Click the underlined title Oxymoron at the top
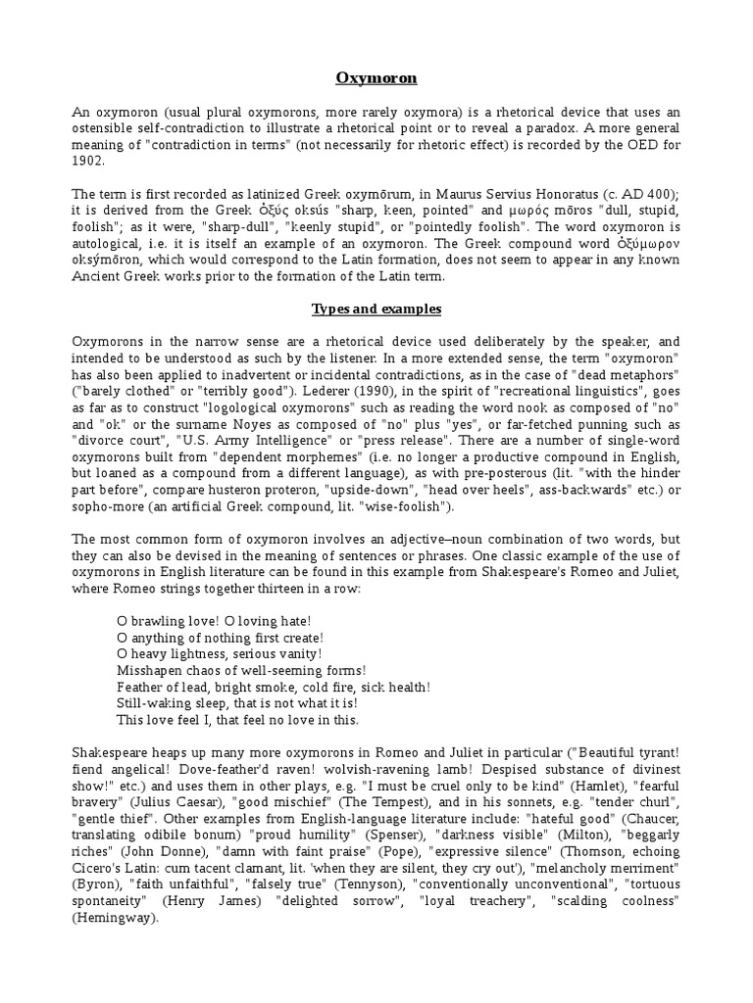(x=376, y=76)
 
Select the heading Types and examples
(x=376, y=310)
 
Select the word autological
(x=109, y=243)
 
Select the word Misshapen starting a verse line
(x=151, y=670)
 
